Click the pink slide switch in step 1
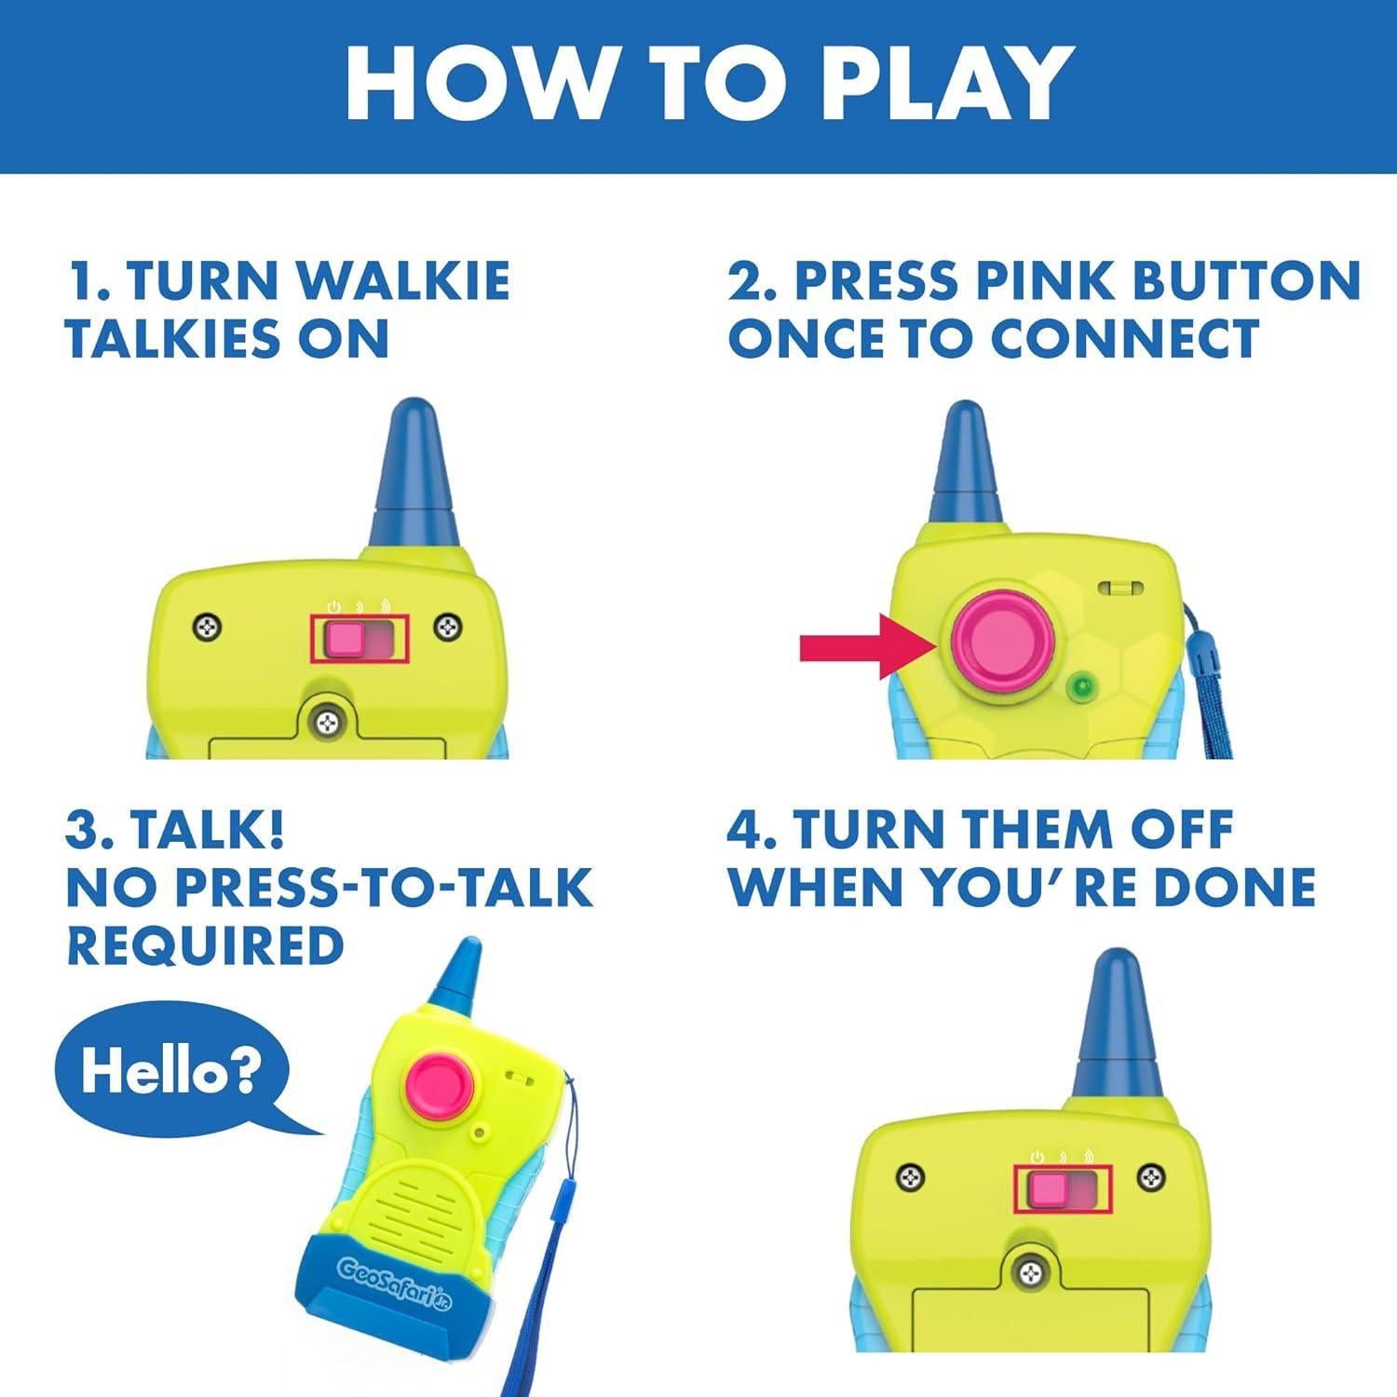point(345,639)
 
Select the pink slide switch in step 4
point(1049,1189)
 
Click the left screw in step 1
point(207,628)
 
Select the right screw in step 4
point(1152,1177)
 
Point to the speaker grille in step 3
point(427,1200)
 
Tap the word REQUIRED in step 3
point(205,945)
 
